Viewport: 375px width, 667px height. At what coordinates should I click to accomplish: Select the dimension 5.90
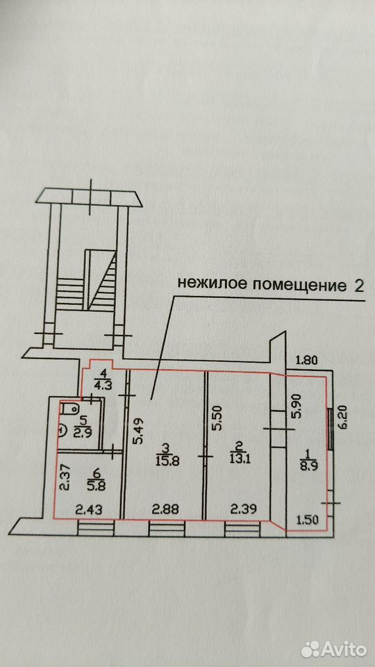pyautogui.click(x=296, y=407)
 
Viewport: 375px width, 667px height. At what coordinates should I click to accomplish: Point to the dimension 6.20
pyautogui.click(x=344, y=418)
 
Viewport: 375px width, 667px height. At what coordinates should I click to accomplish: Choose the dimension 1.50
pyautogui.click(x=308, y=519)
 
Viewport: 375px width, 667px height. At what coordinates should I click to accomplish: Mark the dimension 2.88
pyautogui.click(x=164, y=509)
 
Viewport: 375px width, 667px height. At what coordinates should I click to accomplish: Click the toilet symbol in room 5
pyautogui.click(x=69, y=409)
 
